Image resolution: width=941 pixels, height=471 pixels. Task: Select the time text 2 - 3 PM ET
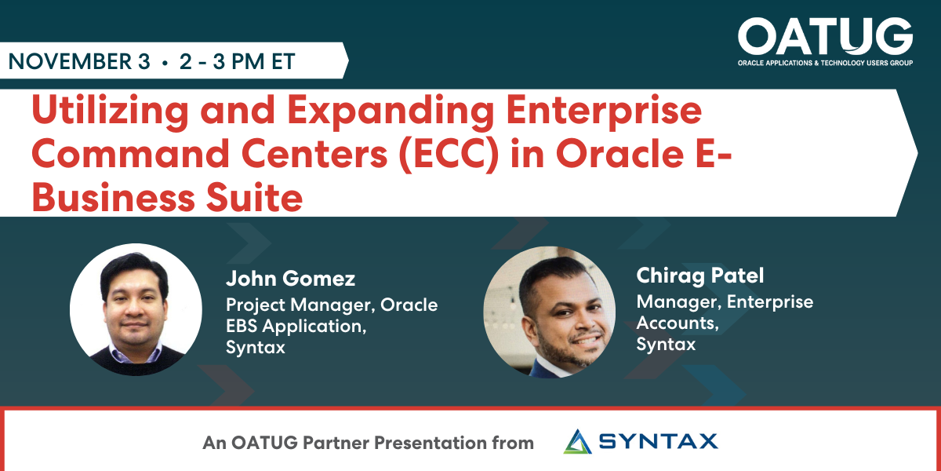(237, 62)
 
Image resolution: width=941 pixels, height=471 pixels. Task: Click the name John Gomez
(290, 279)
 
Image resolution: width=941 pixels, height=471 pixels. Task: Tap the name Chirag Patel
(699, 276)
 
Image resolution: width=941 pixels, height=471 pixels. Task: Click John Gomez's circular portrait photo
(136, 309)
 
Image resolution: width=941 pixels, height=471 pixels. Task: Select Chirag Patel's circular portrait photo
(539, 312)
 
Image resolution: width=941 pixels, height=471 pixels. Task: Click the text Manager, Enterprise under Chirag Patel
(724, 301)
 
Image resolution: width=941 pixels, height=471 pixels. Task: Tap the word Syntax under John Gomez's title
(255, 347)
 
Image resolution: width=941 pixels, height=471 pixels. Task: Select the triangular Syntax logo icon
(579, 441)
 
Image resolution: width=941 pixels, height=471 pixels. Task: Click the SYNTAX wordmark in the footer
(658, 441)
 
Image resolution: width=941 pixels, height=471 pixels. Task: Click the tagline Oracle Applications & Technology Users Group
(825, 62)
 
